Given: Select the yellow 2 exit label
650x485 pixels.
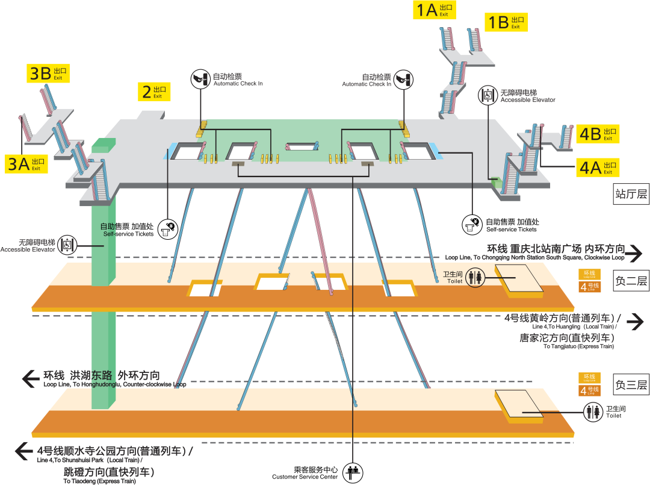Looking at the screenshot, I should point(154,92).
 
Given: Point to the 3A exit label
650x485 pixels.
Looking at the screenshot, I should point(27,164).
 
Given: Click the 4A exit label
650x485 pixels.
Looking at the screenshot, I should point(598,167).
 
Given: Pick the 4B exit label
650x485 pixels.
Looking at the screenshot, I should point(598,134).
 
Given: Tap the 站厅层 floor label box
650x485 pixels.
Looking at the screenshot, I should point(631,194).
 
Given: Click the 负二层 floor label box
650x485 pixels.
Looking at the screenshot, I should point(631,281).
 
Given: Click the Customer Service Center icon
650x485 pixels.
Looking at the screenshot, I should point(352,472).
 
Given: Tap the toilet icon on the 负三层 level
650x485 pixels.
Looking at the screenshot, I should point(595,411).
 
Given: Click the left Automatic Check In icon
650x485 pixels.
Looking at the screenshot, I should point(200,78).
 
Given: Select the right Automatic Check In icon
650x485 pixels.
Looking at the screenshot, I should point(404,78).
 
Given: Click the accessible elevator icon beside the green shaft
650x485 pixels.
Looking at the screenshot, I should point(67,245).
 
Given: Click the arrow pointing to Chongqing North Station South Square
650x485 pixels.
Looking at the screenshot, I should point(634,254).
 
